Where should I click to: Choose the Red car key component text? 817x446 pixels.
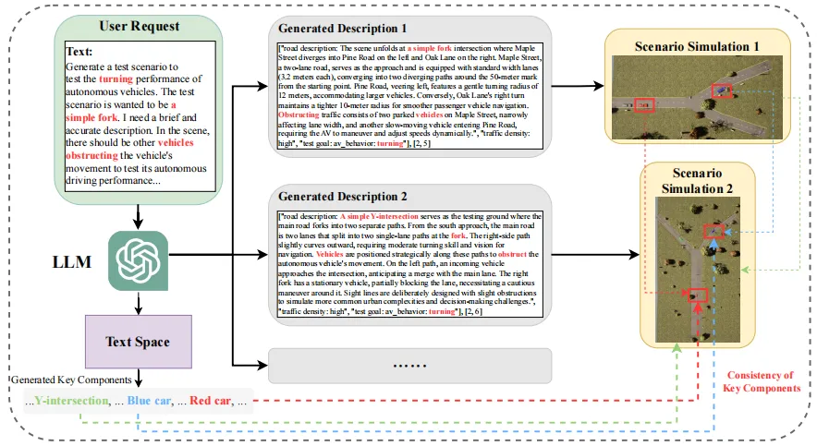coord(212,402)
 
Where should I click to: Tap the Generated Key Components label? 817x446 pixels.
coord(71,380)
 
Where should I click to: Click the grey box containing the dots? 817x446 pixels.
coord(409,366)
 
